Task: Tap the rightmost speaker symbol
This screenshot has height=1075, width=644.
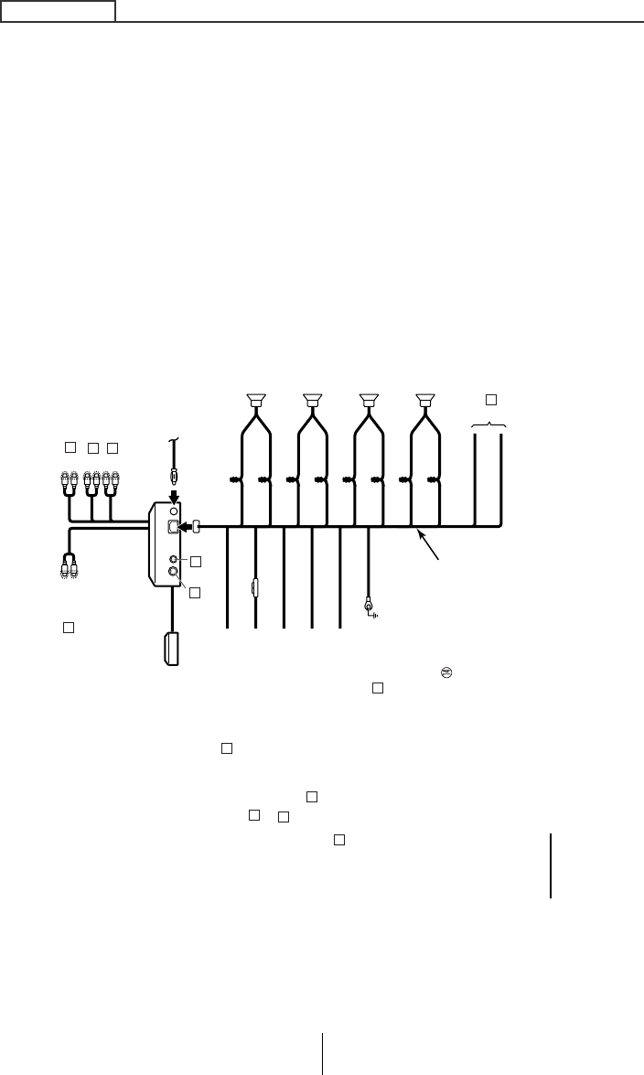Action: click(424, 400)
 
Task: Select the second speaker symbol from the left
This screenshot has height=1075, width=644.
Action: click(313, 400)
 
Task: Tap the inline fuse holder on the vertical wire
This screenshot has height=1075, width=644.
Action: click(254, 586)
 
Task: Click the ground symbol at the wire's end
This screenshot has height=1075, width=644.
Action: click(370, 606)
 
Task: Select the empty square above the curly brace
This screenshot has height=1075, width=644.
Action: click(490, 399)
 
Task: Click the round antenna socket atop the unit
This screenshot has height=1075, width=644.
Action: click(174, 511)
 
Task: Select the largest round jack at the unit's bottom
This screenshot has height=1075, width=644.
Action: click(174, 575)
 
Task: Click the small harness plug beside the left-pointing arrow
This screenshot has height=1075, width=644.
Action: click(197, 527)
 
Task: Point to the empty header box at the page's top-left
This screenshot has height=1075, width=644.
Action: click(58, 10)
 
